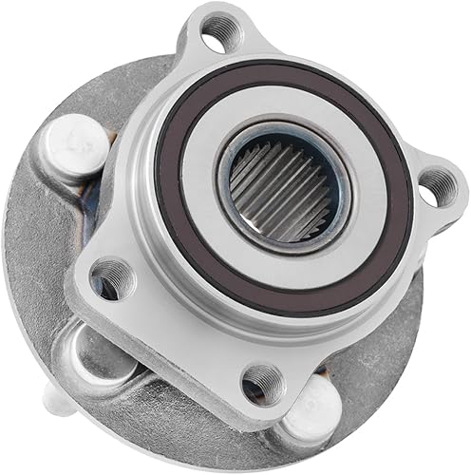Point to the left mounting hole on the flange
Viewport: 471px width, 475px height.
111,276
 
